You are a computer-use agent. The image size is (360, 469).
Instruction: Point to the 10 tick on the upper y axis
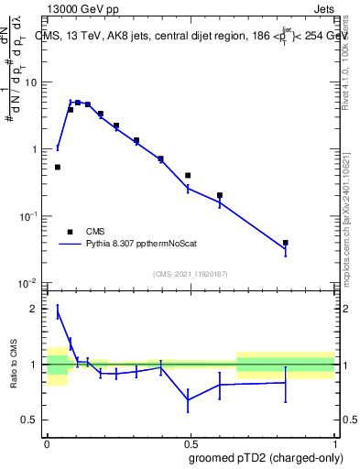click(x=35, y=82)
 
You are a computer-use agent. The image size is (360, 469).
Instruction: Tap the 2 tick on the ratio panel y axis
click(x=38, y=309)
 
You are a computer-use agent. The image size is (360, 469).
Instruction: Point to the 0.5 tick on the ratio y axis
click(x=33, y=420)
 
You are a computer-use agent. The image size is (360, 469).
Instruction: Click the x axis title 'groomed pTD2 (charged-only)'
click(x=266, y=457)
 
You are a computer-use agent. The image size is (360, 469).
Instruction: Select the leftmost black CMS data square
click(x=58, y=167)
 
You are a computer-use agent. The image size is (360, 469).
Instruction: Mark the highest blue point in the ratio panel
click(x=58, y=312)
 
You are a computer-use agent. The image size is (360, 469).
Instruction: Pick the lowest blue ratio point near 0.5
click(x=188, y=399)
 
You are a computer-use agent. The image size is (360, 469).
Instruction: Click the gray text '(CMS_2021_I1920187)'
click(x=190, y=274)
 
